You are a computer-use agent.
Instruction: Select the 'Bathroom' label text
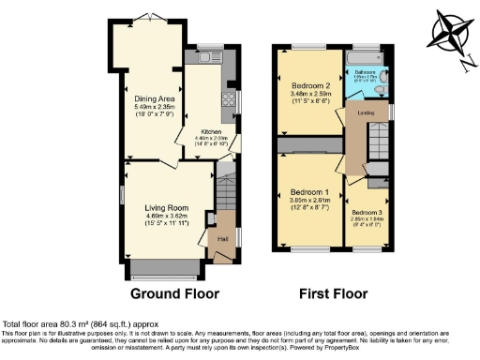[x=365, y=71]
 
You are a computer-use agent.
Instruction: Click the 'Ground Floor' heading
[x=174, y=293]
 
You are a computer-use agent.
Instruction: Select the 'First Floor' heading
[x=332, y=293]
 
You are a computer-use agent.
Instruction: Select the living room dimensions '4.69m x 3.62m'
[x=167, y=216]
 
